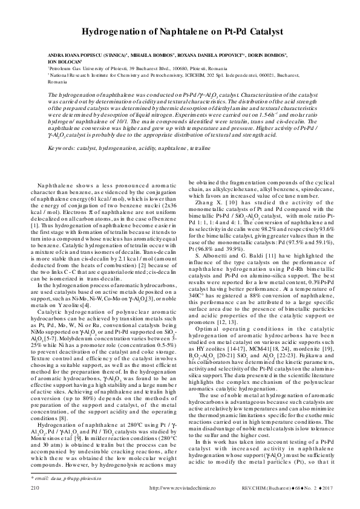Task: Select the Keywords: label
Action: click(64, 147)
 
